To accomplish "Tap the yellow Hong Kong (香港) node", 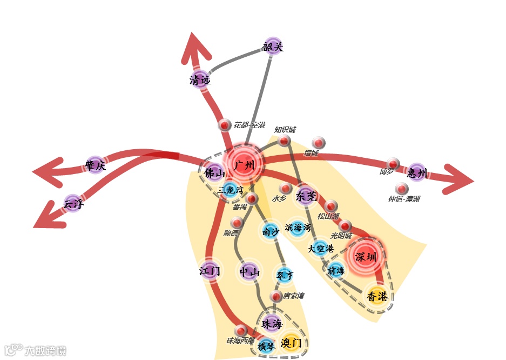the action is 377,296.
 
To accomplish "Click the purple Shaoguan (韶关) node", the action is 273,46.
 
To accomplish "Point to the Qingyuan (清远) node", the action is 200,79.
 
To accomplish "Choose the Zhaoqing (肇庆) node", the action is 96,165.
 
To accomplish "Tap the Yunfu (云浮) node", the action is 73,203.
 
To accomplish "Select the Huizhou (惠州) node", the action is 417,172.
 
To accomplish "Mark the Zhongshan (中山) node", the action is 249,272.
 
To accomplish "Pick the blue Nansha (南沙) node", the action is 270,231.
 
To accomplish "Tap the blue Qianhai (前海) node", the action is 336,270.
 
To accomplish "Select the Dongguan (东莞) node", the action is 306,196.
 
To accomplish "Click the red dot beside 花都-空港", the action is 225,125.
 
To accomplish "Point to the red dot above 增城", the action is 319,143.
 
